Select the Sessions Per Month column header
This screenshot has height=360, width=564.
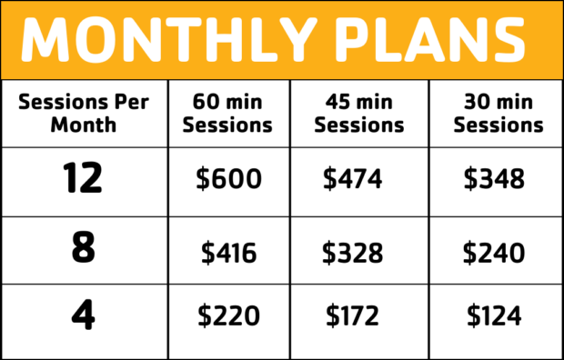(x=83, y=112)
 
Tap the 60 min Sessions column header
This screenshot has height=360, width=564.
(x=227, y=114)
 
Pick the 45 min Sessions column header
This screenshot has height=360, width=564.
(x=359, y=114)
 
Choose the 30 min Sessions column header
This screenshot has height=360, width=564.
(x=498, y=114)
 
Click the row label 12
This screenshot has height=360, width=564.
(x=83, y=179)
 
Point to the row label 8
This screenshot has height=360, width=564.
(x=83, y=248)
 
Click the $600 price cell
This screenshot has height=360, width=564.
(x=228, y=179)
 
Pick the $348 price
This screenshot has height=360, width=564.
(x=494, y=179)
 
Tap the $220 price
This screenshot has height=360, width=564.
(x=228, y=315)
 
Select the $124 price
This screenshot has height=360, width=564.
(x=494, y=315)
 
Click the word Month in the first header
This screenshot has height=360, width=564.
(x=83, y=124)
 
